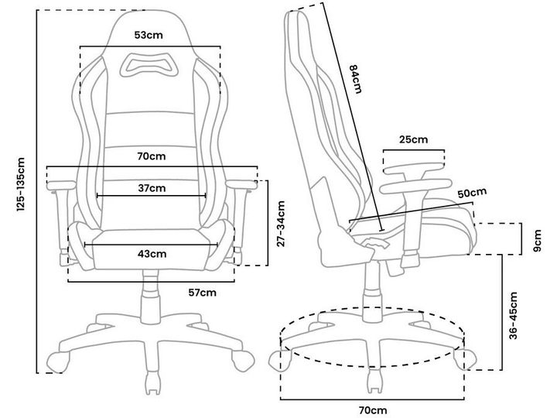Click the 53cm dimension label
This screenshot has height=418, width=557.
click(x=149, y=35)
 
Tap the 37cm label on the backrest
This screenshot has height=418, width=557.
click(x=152, y=188)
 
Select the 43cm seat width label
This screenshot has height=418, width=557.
click(x=152, y=254)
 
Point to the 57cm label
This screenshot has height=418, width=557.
click(x=202, y=293)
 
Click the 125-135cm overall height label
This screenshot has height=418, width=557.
click(x=21, y=184)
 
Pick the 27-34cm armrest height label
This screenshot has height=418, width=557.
click(x=281, y=224)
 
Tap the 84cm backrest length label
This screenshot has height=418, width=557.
click(x=355, y=78)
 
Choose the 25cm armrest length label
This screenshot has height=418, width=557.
click(x=413, y=139)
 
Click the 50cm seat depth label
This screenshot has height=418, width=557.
click(x=472, y=194)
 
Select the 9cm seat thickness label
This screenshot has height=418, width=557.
click(x=538, y=241)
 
